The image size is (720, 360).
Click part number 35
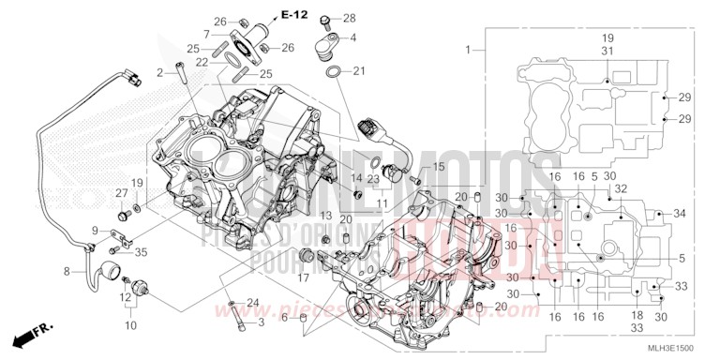[141, 251]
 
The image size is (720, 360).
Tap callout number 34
[680, 214]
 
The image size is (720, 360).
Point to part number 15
[437, 167]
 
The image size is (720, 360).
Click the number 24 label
[252, 301]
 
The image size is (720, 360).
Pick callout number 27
[121, 193]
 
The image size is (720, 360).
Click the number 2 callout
[160, 72]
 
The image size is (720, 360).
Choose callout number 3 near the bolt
[261, 322]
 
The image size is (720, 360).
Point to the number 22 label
[202, 62]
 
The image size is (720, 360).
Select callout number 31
[607, 51]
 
